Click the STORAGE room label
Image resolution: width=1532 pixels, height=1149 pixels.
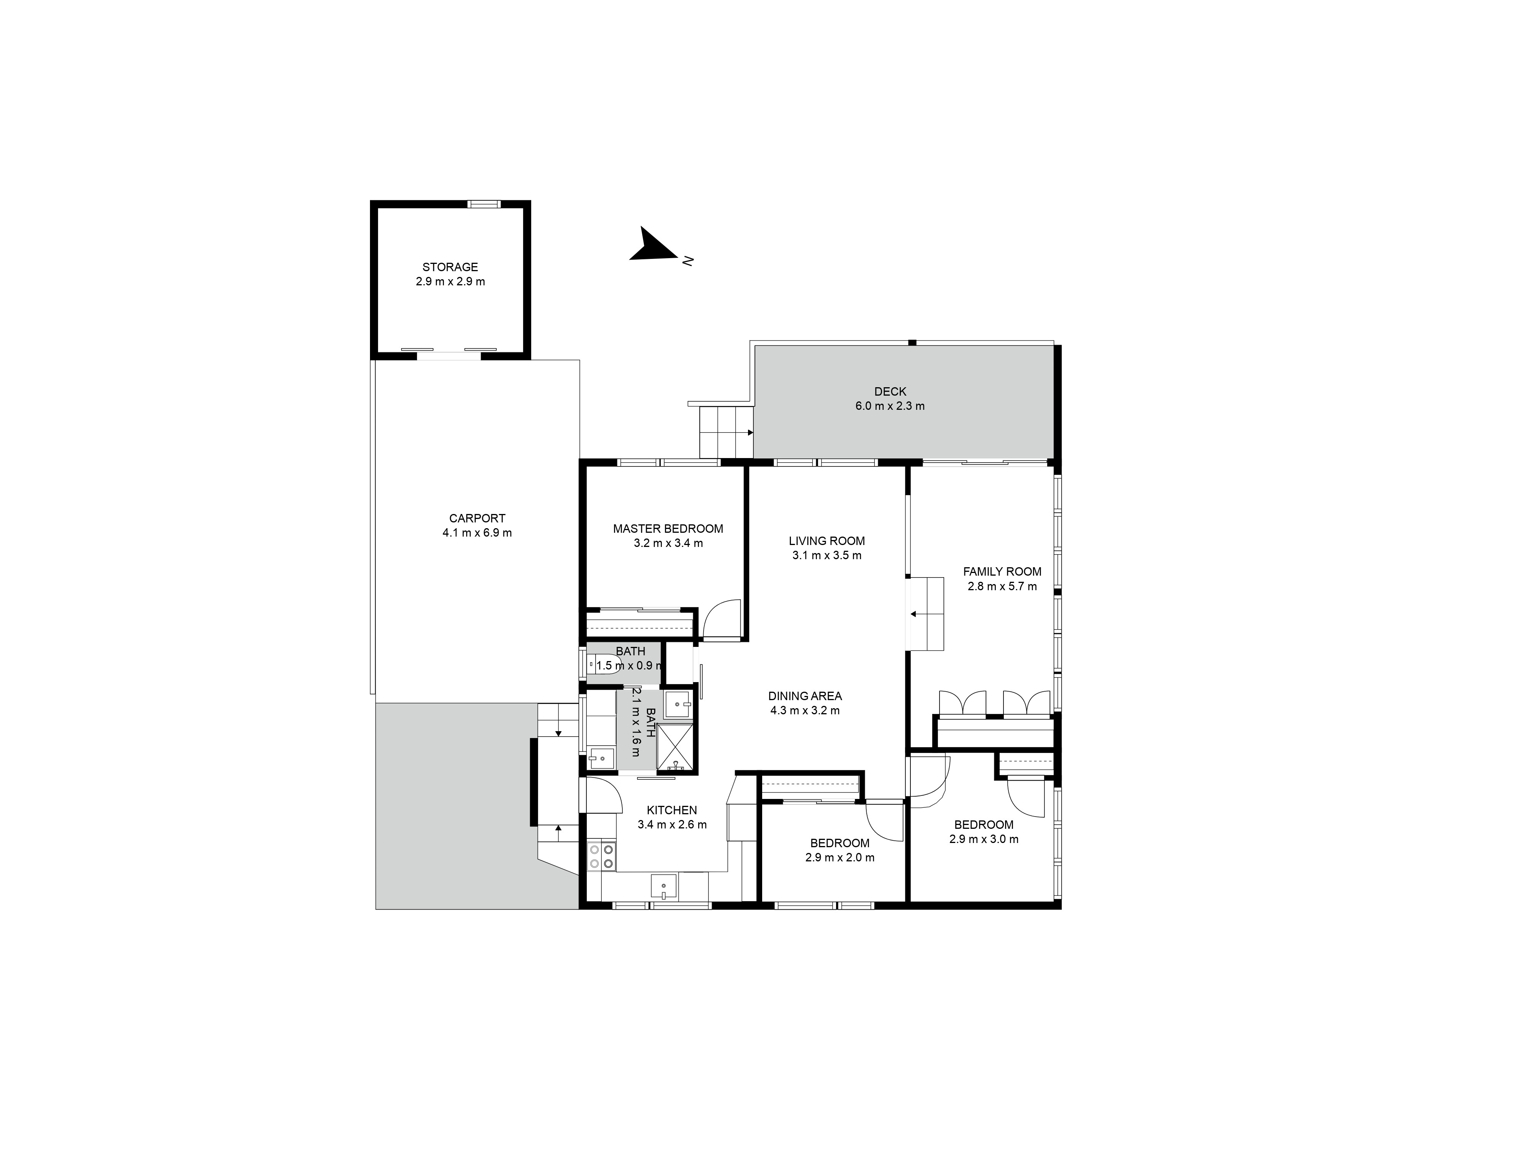coord(450,267)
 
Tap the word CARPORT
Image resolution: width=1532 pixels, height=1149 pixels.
coord(477,518)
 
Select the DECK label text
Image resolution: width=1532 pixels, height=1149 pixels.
coord(890,391)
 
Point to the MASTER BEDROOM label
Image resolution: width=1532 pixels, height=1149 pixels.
coord(668,529)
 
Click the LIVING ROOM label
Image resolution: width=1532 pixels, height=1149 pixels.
coord(827,541)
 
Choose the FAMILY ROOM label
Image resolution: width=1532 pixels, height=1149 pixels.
coord(1002,571)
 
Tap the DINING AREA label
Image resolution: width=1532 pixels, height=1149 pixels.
coord(805,696)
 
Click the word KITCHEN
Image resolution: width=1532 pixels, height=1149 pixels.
coord(672,810)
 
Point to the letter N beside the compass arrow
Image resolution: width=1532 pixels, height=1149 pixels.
coord(688,261)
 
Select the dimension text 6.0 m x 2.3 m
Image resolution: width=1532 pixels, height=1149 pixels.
coord(890,406)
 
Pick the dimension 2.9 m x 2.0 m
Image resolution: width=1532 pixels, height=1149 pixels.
coord(840,858)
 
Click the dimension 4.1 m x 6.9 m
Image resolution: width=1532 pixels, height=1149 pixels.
coord(477,533)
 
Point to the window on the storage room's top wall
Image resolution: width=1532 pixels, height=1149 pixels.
coord(483,204)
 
